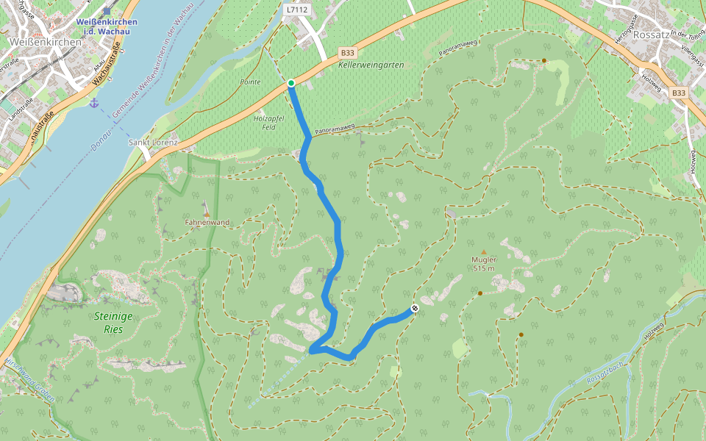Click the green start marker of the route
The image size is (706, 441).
291,83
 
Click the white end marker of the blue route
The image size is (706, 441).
415,308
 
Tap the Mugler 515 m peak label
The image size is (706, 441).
484,264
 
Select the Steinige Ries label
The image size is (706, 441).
114,323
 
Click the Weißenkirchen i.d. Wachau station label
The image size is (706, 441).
107,26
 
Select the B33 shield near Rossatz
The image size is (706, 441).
678,93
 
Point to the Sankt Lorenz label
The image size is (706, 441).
153,142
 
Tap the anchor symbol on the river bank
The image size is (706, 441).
93,102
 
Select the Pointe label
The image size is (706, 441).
250,82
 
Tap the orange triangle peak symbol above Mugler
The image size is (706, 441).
484,252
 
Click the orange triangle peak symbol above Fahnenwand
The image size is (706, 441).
207,213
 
